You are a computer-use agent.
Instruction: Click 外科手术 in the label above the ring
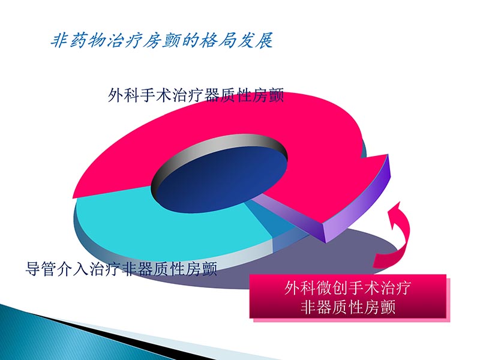(137, 95)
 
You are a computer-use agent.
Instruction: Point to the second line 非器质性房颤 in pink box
(348, 308)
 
